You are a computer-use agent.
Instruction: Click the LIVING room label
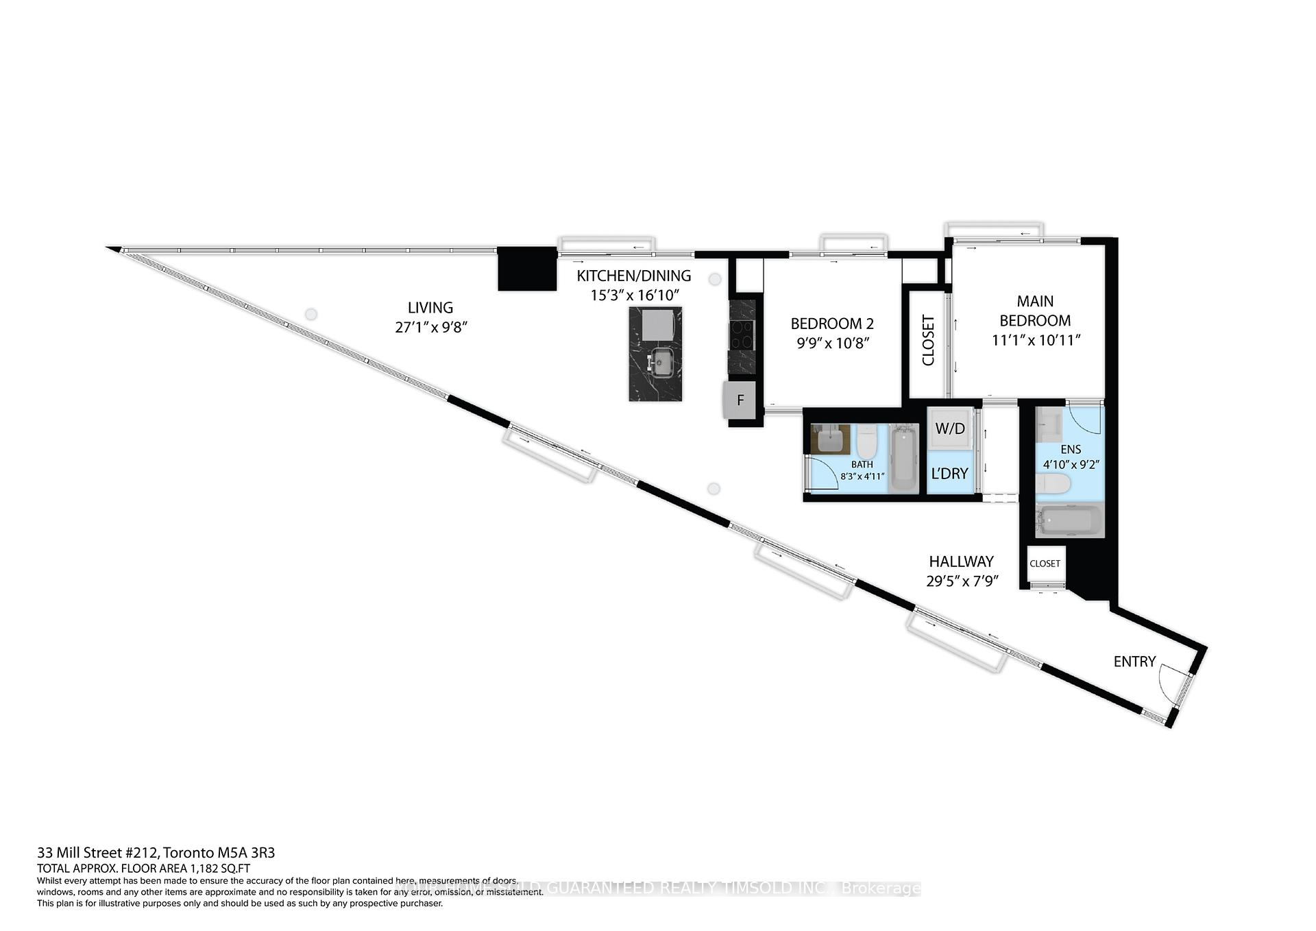(430, 308)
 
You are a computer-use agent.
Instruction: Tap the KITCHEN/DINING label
(633, 276)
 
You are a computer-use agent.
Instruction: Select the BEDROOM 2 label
(832, 324)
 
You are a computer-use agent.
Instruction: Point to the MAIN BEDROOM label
(1035, 311)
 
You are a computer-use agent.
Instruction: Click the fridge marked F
(740, 400)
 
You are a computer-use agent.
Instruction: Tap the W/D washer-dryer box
(950, 428)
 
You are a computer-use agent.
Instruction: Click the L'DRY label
(949, 473)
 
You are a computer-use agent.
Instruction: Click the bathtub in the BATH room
(903, 459)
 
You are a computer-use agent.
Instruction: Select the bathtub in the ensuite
(1069, 522)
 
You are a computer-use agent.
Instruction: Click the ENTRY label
(1134, 662)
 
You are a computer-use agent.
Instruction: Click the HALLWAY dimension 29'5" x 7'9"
(962, 581)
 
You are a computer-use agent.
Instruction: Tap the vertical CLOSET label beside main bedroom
(929, 340)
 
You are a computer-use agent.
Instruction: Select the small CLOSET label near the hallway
(1045, 564)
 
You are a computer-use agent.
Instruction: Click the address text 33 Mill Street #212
(99, 854)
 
